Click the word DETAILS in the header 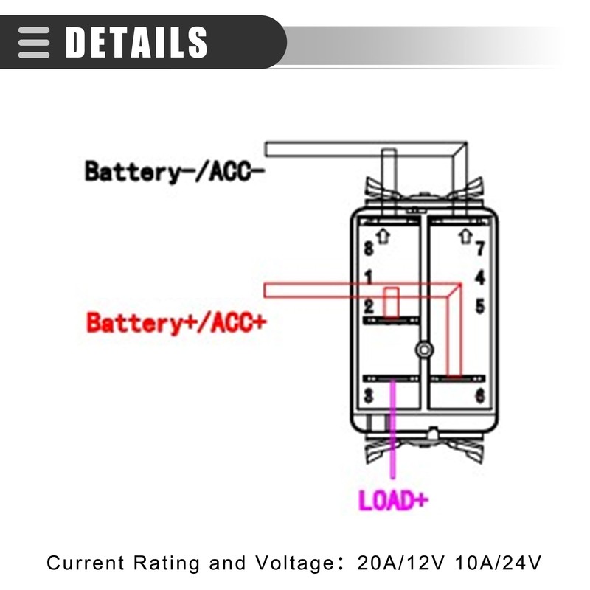136,42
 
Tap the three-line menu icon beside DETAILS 34,42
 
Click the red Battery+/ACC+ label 175,322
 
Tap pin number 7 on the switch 479,249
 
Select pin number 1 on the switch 369,277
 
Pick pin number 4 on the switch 479,278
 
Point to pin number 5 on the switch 479,305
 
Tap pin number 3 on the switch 369,396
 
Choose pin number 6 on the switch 479,396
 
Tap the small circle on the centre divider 423,349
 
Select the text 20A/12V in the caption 398,563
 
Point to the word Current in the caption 86,563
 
